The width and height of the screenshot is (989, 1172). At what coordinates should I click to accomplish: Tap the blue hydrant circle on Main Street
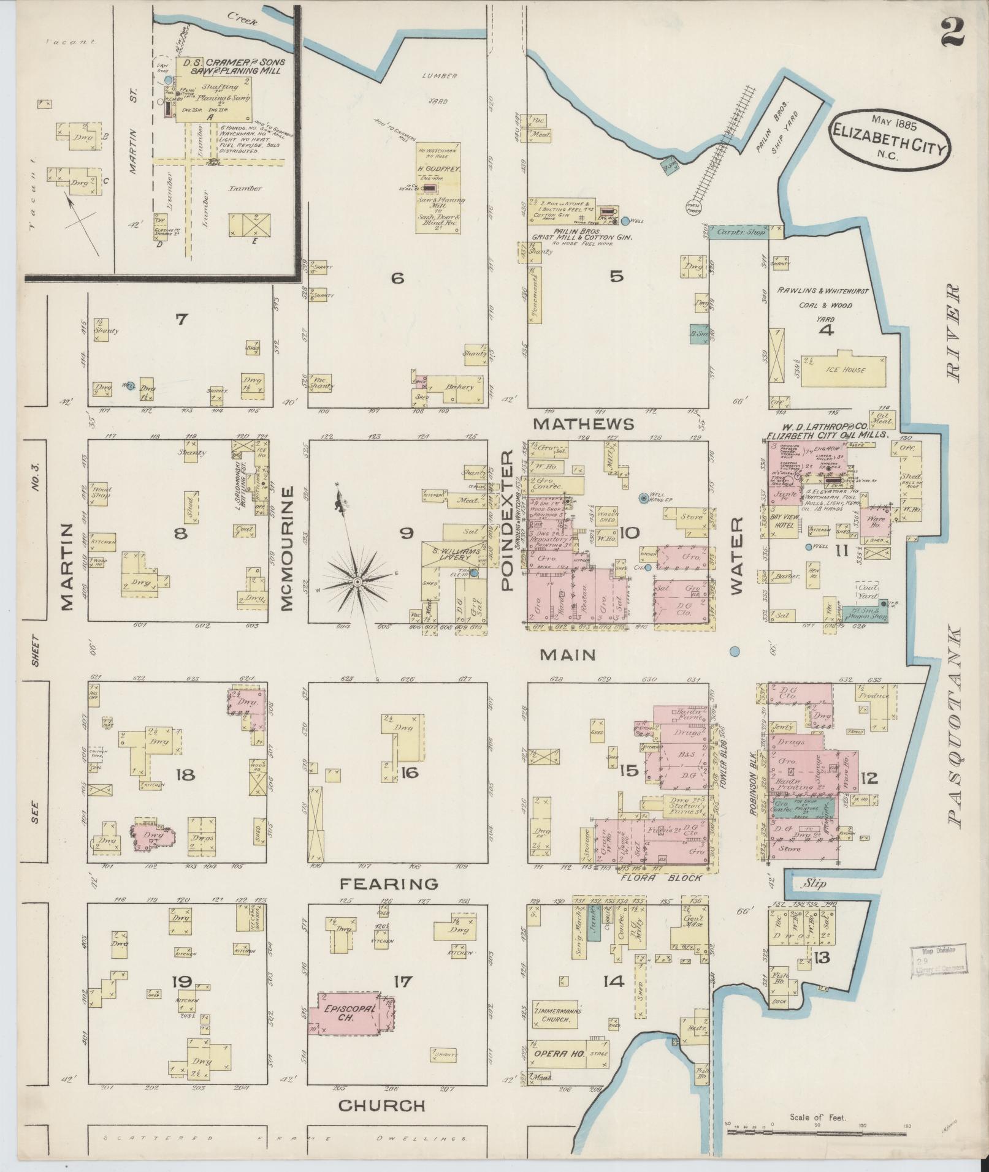(x=735, y=651)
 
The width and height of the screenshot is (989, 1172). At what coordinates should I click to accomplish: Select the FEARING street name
(x=389, y=884)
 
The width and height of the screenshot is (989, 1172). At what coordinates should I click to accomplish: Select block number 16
(x=409, y=773)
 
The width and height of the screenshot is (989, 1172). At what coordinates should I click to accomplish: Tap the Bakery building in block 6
(x=461, y=387)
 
